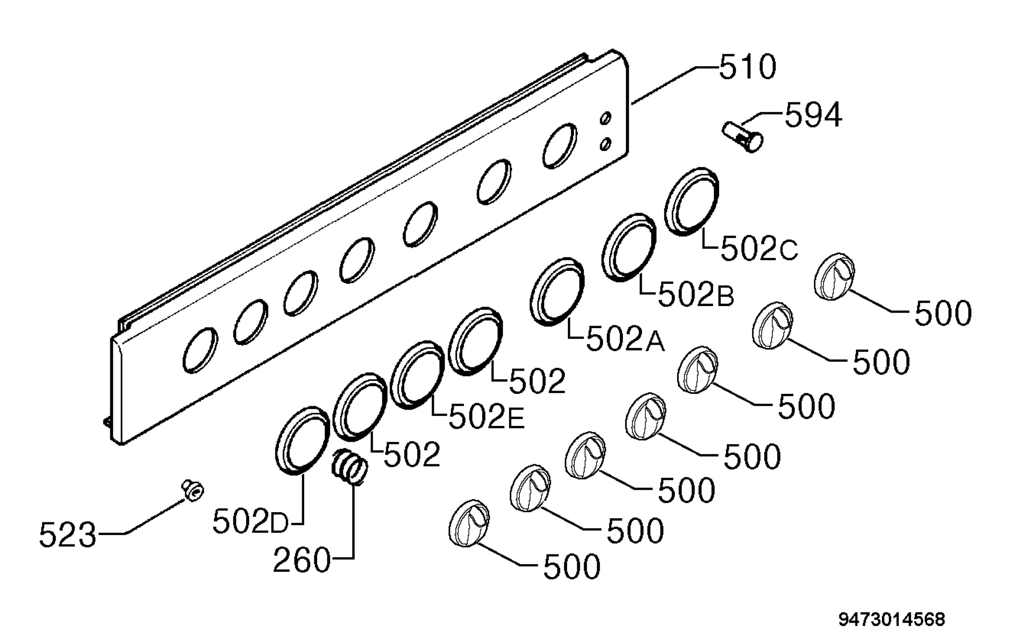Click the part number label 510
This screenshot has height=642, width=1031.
pos(748,67)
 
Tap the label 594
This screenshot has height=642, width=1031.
pos(814,115)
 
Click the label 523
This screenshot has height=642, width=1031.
pos(67,535)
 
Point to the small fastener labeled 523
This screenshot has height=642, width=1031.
pos(193,490)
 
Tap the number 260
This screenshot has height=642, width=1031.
pos(302,560)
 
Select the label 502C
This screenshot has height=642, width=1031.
pos(759,249)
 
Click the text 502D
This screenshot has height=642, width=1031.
pos(250,522)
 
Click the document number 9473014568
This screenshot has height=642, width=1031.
pos(892,620)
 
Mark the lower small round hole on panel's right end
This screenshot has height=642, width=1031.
pos(606,144)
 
